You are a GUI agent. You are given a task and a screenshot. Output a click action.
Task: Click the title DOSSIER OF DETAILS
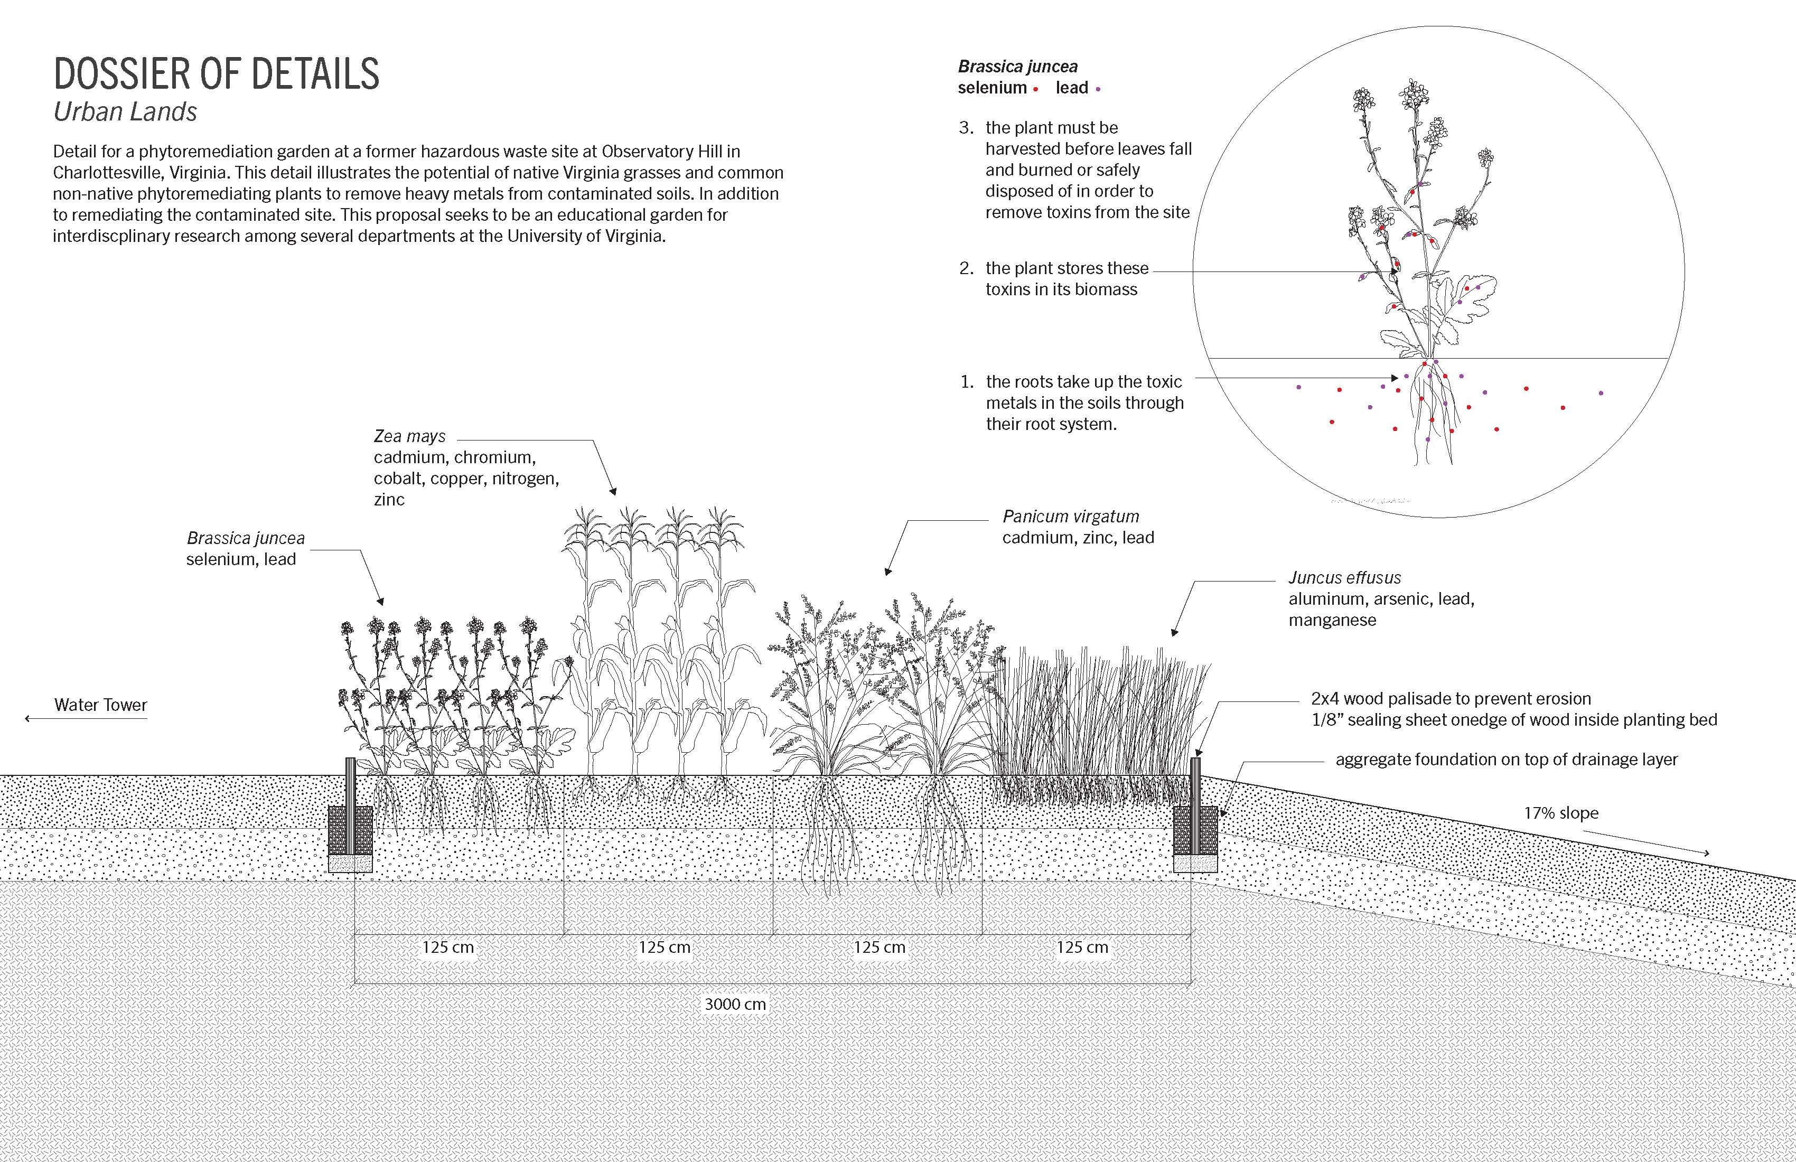[x=217, y=74]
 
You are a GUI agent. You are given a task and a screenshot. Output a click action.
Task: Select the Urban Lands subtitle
[x=125, y=111]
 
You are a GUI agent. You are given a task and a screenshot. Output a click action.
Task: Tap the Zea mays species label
[x=410, y=436]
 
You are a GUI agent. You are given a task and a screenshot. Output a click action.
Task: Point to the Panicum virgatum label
[x=1070, y=517]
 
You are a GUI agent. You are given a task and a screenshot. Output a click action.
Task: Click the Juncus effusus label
[x=1344, y=578]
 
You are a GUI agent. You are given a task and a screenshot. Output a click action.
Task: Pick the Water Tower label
[x=100, y=705]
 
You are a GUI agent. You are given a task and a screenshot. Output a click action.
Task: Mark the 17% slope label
[x=1560, y=813]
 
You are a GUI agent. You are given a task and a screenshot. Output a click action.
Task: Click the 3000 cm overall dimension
[x=735, y=1004]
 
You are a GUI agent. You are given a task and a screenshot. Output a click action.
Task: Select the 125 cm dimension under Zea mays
[x=664, y=948]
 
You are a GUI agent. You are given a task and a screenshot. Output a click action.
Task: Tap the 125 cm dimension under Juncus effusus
[x=1082, y=948]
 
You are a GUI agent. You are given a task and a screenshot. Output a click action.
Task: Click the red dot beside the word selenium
[x=1036, y=90]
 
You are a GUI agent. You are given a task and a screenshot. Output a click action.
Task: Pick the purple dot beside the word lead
[x=1098, y=90]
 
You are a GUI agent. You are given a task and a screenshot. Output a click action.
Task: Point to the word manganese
[x=1332, y=620]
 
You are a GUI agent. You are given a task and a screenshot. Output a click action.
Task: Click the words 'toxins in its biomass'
[x=1061, y=290]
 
